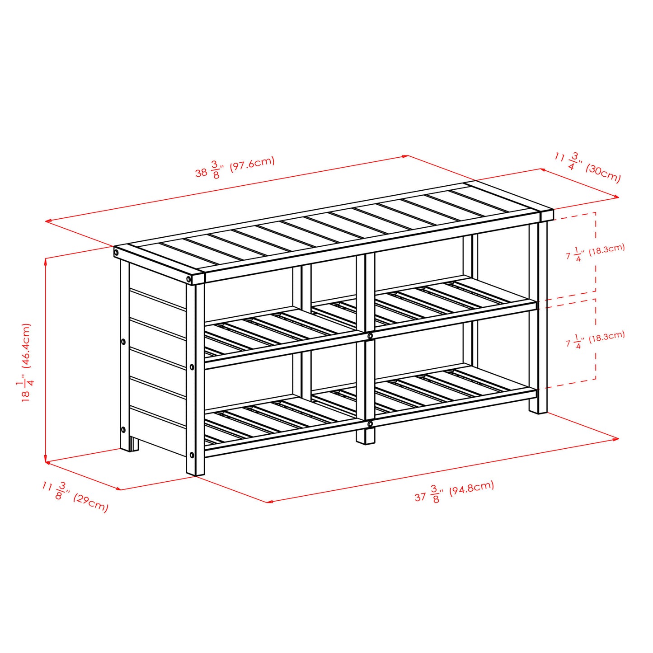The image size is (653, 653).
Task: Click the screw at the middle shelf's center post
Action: (370, 336)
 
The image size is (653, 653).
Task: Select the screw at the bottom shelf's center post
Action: (370, 424)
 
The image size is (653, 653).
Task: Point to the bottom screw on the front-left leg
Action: (192, 455)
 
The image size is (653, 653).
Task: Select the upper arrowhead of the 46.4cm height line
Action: (46, 261)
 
